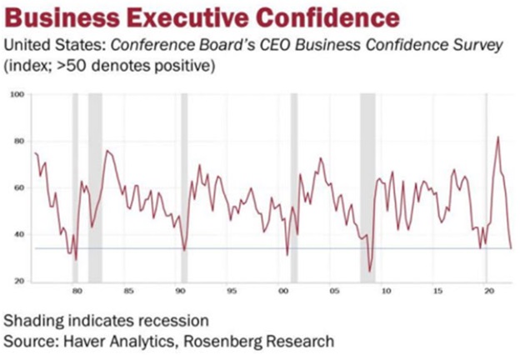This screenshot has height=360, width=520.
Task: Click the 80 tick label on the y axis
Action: [18, 142]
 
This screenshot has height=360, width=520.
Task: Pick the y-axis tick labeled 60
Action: [18, 188]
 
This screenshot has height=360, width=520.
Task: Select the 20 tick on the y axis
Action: [18, 282]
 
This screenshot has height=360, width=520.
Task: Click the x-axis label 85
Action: [128, 292]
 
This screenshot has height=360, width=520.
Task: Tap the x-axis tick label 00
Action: [283, 292]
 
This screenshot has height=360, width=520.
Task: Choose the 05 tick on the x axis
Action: [336, 292]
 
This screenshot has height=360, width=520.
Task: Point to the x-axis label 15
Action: [437, 292]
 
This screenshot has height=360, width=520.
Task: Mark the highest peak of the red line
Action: [497, 137]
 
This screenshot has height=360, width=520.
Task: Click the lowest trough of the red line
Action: [369, 272]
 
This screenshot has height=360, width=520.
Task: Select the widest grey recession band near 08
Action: [367, 187]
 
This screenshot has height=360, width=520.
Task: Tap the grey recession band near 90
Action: [184, 187]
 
